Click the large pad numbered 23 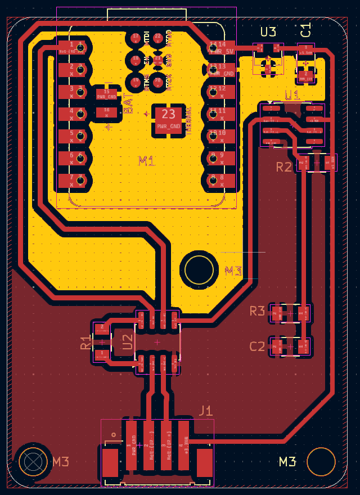coord(169,120)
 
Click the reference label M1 coord(147,161)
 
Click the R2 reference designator coord(284,166)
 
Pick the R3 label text coord(257,311)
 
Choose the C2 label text coord(257,346)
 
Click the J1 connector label coord(206,411)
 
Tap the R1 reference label coord(85,343)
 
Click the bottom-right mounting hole coord(322,462)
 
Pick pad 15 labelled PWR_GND coord(107,94)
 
